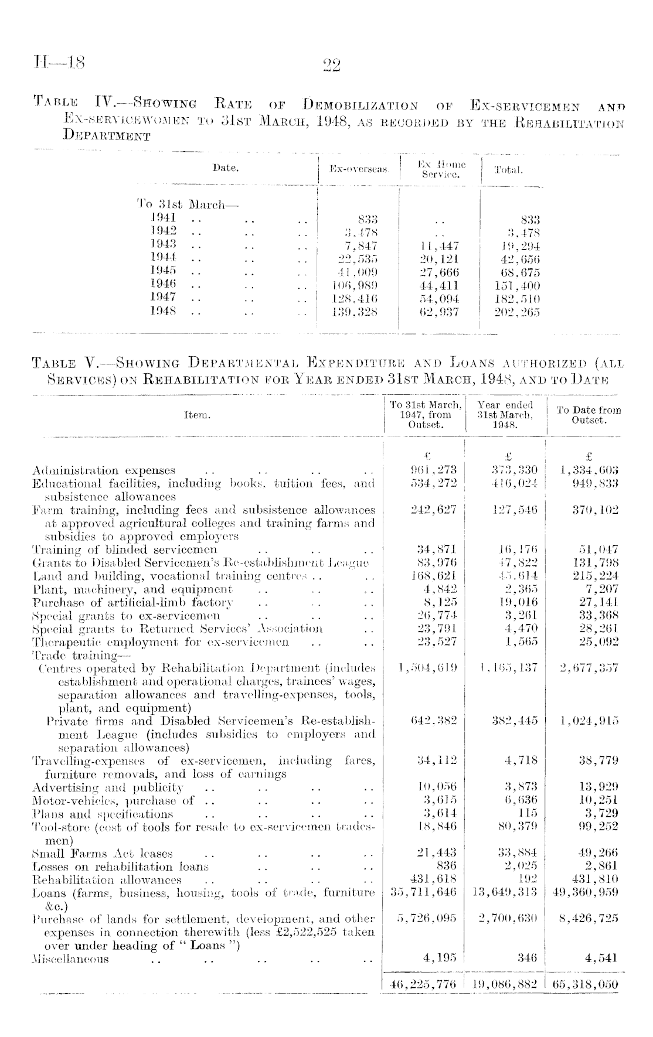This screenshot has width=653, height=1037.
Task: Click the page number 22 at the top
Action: pyautogui.click(x=331, y=63)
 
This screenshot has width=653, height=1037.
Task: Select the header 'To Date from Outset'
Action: pyautogui.click(x=589, y=415)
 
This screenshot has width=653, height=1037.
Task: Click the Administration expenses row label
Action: pyautogui.click(x=104, y=470)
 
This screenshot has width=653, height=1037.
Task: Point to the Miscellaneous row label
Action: pyautogui.click(x=71, y=959)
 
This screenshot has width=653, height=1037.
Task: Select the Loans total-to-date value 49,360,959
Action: pyautogui.click(x=586, y=893)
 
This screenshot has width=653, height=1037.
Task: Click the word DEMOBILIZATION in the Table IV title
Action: pyautogui.click(x=360, y=107)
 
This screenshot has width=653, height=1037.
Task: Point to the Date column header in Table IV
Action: pyautogui.click(x=226, y=168)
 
